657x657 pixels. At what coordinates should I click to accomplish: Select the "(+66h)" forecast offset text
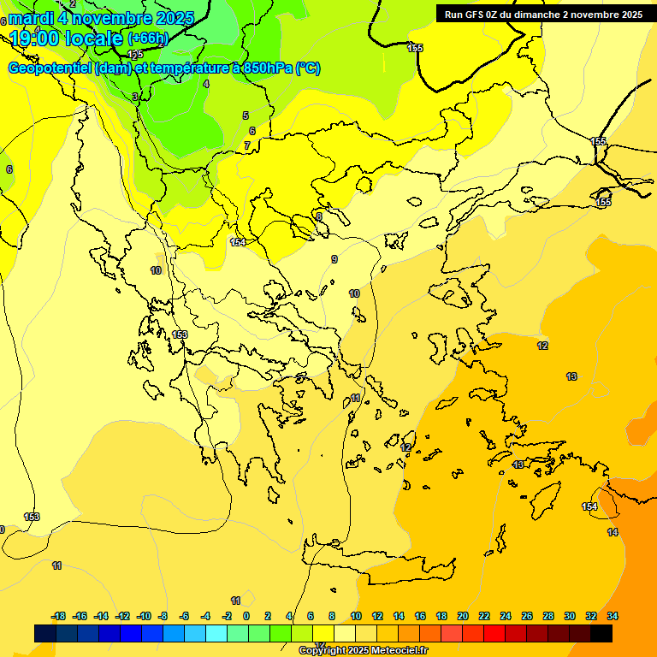(148, 38)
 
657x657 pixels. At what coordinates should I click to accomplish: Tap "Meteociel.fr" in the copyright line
(395, 651)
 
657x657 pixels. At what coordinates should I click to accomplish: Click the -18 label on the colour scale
(59, 616)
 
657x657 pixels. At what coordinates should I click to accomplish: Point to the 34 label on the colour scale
(613, 616)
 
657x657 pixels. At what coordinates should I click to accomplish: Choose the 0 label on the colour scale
(246, 616)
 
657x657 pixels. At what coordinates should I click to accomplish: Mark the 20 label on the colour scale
(463, 616)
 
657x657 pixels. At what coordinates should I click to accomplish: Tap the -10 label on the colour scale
(144, 616)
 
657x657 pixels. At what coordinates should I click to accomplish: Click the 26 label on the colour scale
(527, 616)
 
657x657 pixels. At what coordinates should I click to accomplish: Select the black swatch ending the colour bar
(601, 633)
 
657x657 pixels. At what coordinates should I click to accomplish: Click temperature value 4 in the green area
(206, 84)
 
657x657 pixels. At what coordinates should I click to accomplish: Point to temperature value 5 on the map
(246, 115)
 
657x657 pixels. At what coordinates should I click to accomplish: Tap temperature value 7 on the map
(247, 145)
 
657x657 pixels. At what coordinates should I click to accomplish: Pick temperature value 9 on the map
(334, 259)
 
